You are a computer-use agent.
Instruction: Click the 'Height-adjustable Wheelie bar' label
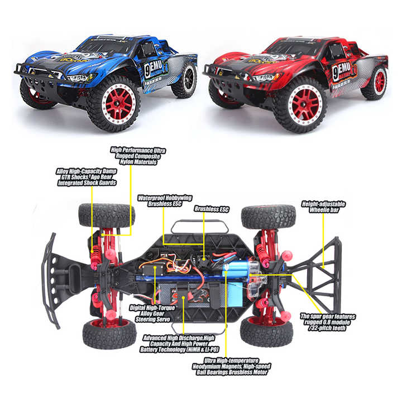click(x=324, y=208)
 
